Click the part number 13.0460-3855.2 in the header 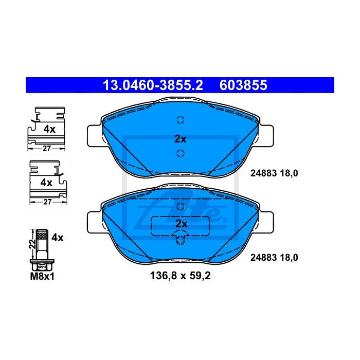coord(153,85)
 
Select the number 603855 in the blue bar coord(243,85)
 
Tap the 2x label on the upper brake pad coord(181,139)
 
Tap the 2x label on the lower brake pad coord(181,224)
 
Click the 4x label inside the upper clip coord(49,130)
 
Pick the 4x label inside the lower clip coord(46,183)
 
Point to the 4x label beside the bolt coord(58,238)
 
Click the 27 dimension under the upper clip coord(47,149)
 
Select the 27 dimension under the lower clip coord(47,202)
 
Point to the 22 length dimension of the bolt coord(33,244)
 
